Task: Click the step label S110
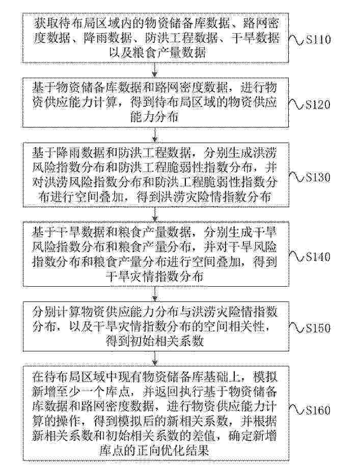coord(318,40)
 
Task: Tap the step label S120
coord(318,104)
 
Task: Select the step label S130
coord(318,177)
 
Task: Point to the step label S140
coord(318,257)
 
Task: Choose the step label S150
coord(318,328)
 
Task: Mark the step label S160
coord(318,410)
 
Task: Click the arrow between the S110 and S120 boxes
coord(155,70)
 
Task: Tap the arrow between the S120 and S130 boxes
coord(155,135)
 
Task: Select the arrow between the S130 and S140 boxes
coord(155,214)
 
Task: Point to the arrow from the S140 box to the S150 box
coord(155,294)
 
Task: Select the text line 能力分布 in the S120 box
coord(154,117)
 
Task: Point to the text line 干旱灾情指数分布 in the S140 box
coord(154,277)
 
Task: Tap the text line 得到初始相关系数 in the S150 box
coord(154,341)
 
